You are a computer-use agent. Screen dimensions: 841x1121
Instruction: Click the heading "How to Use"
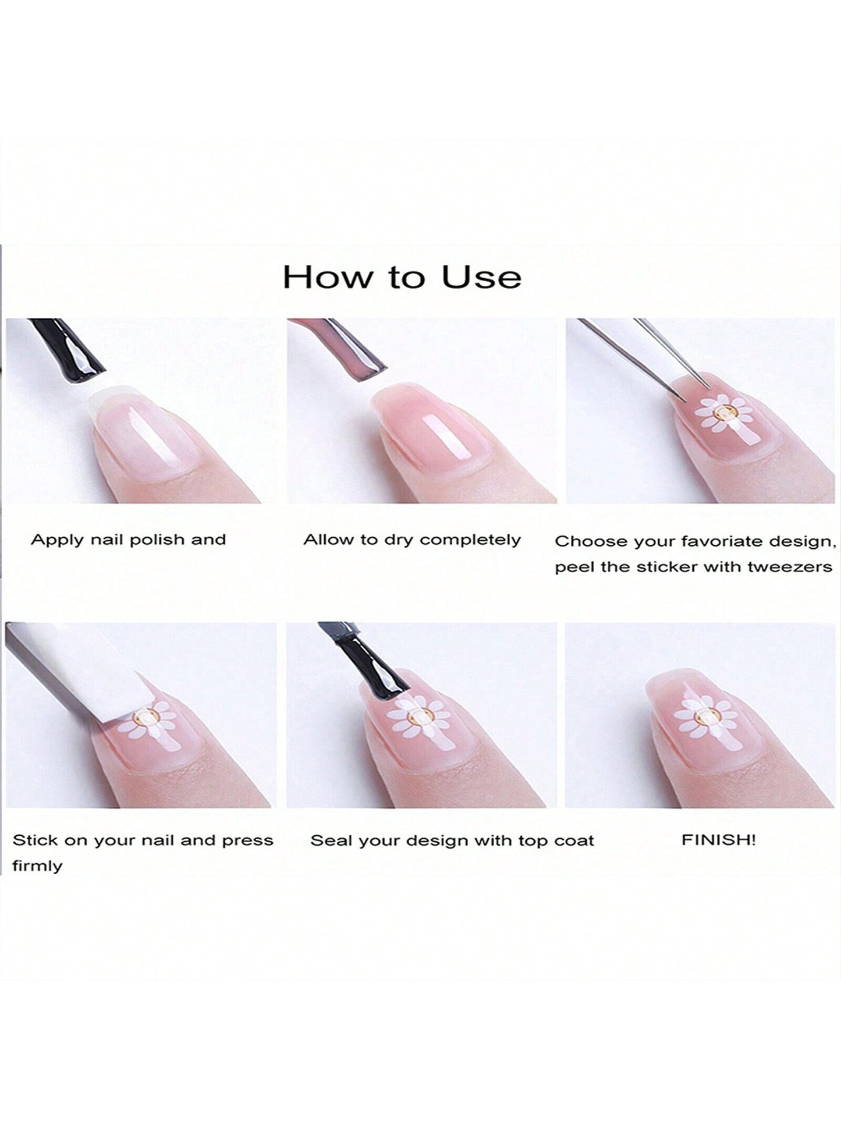coord(402,277)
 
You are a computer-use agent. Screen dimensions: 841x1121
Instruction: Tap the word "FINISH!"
coord(719,840)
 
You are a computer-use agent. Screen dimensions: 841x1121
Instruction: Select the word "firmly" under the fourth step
coord(37,867)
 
